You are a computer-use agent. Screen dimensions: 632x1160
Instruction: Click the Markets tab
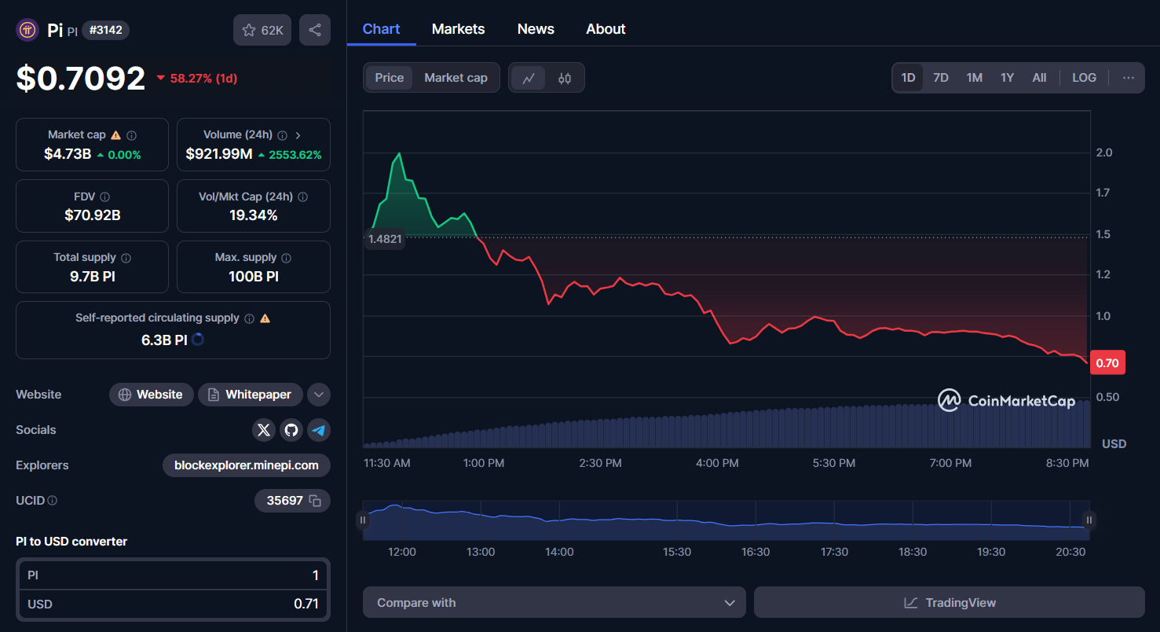458,29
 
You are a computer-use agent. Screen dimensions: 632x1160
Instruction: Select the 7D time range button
940,78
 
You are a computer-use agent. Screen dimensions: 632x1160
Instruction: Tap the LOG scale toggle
1084,78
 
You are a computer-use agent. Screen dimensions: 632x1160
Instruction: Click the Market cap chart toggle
456,78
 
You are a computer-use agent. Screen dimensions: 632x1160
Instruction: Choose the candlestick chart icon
565,78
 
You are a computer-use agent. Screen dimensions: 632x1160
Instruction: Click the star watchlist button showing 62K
263,30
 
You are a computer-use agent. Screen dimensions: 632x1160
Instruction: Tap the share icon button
315,30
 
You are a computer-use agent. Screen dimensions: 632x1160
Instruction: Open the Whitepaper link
250,395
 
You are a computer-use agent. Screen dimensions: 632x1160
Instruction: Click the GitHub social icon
291,430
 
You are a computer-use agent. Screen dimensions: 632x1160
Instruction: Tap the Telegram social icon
318,430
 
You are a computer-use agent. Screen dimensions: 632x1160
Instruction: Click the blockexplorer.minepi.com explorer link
247,465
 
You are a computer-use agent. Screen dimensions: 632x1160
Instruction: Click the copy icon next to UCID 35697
315,501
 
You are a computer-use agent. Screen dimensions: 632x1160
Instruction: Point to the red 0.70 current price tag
1107,362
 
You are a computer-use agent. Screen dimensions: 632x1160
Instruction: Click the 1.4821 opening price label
384,239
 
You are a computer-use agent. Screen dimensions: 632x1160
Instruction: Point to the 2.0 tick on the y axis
1103,152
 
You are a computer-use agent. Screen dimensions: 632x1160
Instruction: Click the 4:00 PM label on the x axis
717,463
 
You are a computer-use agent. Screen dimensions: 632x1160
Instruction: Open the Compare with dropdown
554,603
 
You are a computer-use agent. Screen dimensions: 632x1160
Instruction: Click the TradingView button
949,603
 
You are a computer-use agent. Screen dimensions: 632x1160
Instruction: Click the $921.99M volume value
219,154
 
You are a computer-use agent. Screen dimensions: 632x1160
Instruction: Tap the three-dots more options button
1128,78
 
